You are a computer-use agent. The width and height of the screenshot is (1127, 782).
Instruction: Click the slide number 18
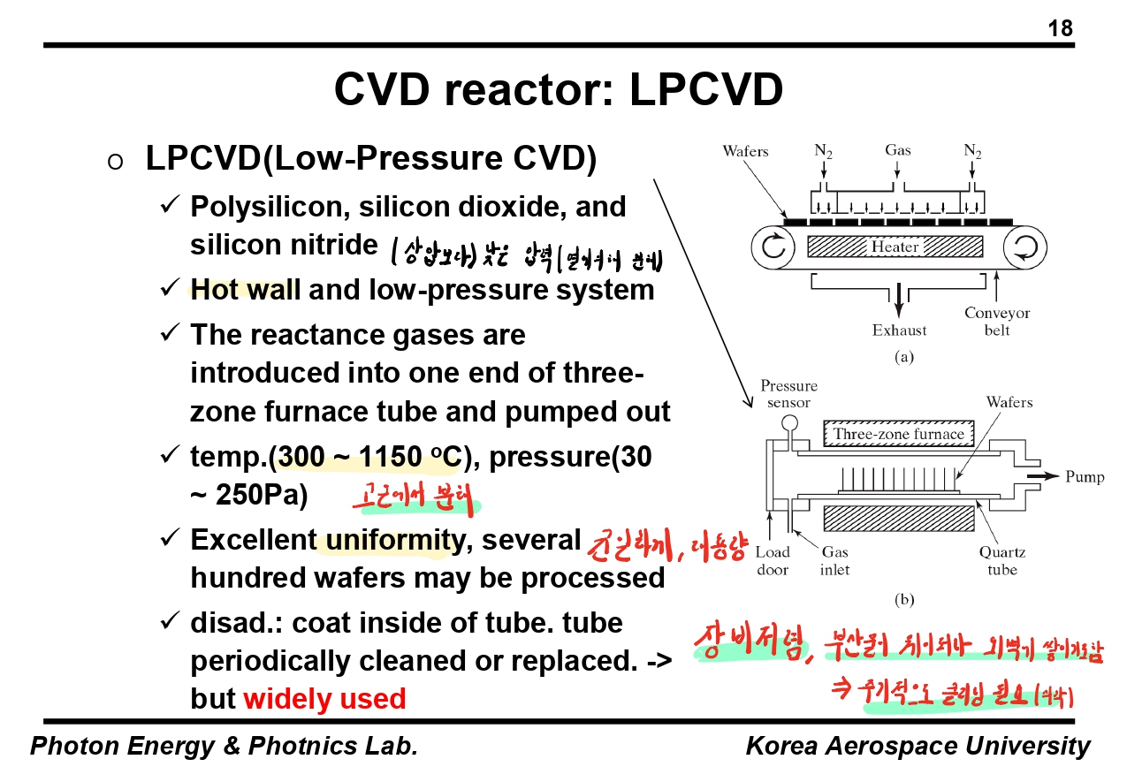point(1060,29)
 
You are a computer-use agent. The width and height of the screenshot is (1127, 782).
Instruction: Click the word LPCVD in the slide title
point(706,89)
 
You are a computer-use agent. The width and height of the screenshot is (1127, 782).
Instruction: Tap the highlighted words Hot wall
point(245,290)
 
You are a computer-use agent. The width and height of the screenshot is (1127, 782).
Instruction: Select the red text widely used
point(324,699)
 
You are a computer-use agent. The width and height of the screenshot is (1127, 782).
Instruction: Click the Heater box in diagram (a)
point(895,247)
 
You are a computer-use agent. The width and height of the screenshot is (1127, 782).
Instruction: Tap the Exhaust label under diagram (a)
point(899,330)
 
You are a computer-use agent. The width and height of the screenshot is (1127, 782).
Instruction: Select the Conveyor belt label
point(997,322)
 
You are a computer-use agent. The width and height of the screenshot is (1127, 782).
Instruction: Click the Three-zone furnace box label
point(898,434)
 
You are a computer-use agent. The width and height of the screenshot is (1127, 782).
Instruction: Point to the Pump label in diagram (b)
point(1085,477)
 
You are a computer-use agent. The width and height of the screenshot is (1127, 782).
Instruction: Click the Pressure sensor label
point(788,394)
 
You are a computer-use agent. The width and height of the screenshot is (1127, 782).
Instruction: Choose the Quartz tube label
point(1001,561)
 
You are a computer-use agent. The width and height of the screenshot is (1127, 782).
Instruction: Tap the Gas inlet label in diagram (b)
point(834,561)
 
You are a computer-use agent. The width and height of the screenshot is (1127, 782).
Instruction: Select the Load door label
point(773,561)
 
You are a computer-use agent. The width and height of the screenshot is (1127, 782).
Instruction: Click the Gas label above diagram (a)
point(898,151)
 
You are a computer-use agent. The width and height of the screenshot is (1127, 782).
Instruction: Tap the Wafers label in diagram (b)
point(1009,403)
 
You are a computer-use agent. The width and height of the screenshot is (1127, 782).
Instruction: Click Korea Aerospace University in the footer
point(918,747)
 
